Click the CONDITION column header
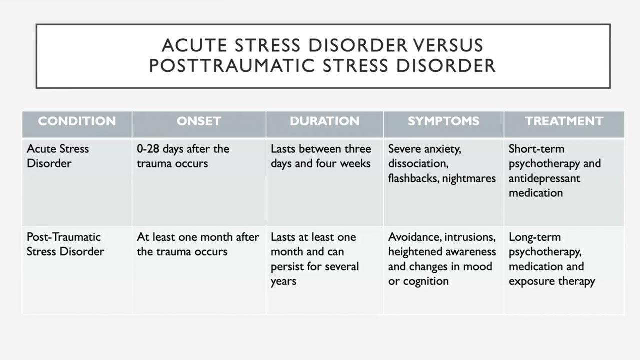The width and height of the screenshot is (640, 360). (77, 121)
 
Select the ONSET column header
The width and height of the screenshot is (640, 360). (199, 121)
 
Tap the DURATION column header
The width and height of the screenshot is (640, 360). (324, 121)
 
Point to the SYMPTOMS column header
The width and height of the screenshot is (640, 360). (443, 121)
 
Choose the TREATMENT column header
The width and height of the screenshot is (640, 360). (564, 121)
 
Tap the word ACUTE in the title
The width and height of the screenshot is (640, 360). (195, 45)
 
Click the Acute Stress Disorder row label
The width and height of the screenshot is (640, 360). (58, 156)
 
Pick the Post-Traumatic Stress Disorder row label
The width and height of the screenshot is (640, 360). (65, 244)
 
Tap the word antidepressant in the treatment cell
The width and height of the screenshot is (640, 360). (544, 179)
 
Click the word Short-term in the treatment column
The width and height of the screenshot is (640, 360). (537, 149)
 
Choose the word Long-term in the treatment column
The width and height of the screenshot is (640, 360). (535, 237)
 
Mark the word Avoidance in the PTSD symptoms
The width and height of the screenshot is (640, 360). (415, 237)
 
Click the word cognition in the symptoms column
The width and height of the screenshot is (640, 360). (426, 281)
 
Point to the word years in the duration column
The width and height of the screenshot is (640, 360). (283, 281)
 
